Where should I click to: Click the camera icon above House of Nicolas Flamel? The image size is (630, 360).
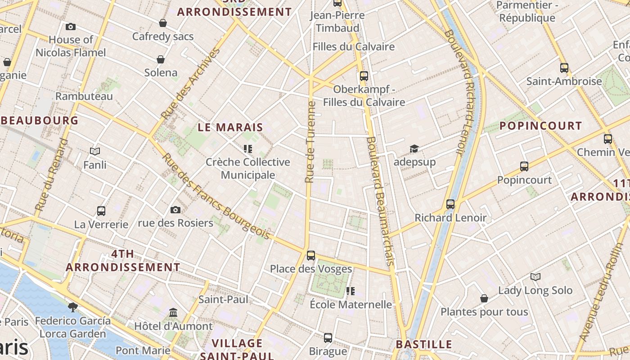[x=71, y=27]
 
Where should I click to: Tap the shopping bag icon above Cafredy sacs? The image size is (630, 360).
[x=163, y=23]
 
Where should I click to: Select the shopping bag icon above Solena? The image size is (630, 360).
[x=161, y=59]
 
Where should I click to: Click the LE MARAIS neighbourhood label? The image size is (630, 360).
[x=230, y=127]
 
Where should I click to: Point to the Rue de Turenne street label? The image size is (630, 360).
[x=310, y=142]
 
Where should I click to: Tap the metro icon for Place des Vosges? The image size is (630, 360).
[x=311, y=256]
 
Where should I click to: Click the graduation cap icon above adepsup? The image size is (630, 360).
[x=414, y=148]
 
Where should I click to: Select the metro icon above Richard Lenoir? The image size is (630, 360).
[x=450, y=204]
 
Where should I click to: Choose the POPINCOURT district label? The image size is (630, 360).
[x=541, y=126]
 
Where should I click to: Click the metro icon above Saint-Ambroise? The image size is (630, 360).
[x=564, y=68]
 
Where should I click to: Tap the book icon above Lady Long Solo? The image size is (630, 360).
[x=535, y=277]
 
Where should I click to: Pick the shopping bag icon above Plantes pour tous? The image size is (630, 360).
[x=484, y=298]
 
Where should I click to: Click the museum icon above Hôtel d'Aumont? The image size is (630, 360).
[x=173, y=312]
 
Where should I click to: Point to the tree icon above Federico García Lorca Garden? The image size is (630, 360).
[x=72, y=307]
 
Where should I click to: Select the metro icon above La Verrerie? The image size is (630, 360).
[x=101, y=211]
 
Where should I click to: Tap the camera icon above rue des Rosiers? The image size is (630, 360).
[x=175, y=210]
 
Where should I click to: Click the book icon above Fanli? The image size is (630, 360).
[x=95, y=151]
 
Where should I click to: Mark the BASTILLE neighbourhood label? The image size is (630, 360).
[x=424, y=345]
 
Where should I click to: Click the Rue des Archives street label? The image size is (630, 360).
[x=190, y=84]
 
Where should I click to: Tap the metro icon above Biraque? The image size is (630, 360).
[x=328, y=337]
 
